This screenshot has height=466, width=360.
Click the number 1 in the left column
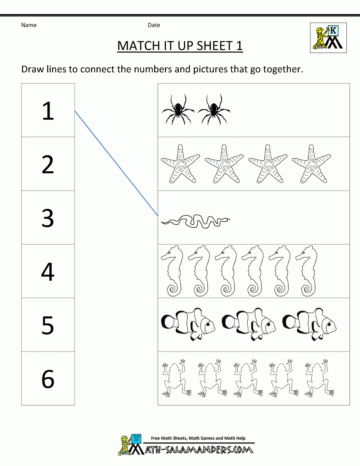48,111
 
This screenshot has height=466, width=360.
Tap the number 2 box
48,165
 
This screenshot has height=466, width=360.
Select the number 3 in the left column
48,218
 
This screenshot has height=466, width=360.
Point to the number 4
48,272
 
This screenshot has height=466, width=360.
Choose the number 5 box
48,325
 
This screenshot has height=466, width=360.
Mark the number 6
48,379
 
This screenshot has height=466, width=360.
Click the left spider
178,109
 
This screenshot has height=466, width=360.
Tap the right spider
213,109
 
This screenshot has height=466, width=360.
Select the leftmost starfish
180,164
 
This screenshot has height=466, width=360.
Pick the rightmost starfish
311,164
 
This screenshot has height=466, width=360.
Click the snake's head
226,219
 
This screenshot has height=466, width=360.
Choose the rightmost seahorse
307,271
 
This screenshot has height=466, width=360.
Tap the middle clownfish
249,324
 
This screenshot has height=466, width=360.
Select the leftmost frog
175,378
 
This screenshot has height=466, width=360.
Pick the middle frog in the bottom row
247,378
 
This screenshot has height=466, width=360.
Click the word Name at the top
29,25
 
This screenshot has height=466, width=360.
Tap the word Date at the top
154,25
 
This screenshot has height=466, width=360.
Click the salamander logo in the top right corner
328,38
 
